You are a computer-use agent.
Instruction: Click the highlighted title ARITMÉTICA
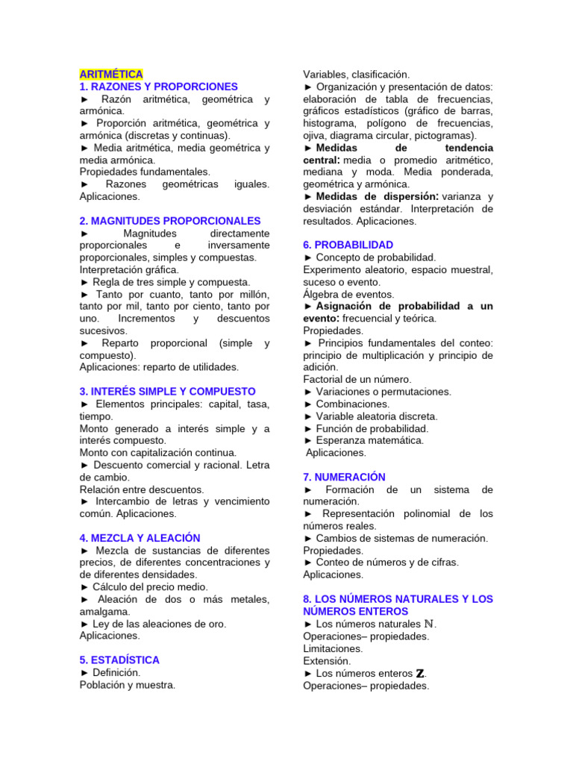coord(111,75)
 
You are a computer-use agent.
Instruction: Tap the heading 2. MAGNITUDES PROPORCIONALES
coord(170,221)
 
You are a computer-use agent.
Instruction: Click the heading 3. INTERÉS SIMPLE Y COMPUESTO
coord(168,391)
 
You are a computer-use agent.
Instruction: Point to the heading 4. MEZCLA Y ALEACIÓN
coord(140,538)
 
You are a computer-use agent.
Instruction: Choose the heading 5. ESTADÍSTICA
coord(120,660)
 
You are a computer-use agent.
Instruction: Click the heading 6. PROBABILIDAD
coord(348,245)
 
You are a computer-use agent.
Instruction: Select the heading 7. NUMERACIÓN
coord(345,477)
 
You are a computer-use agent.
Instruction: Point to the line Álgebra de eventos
coord(349,294)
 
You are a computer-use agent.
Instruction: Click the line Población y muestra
coord(128,685)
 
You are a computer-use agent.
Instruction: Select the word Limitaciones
coord(333,648)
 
